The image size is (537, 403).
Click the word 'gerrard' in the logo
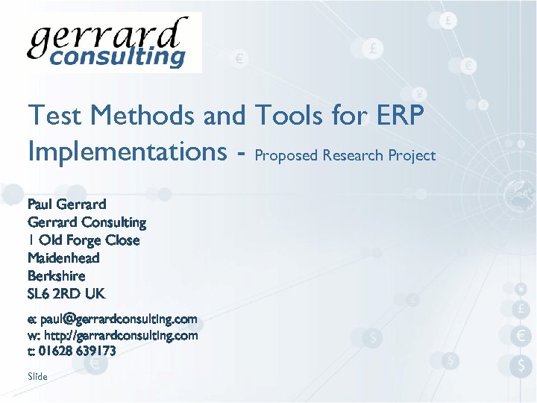click(105, 35)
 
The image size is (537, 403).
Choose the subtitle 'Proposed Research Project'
click(345, 155)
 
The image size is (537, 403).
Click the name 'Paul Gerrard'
click(66, 204)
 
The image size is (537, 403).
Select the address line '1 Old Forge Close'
click(84, 240)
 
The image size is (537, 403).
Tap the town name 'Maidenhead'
click(63, 257)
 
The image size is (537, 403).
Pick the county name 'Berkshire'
click(57, 275)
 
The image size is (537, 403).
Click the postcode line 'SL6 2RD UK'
click(66, 293)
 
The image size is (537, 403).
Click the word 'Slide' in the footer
click(37, 377)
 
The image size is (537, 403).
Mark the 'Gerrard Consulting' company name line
click(87, 222)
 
